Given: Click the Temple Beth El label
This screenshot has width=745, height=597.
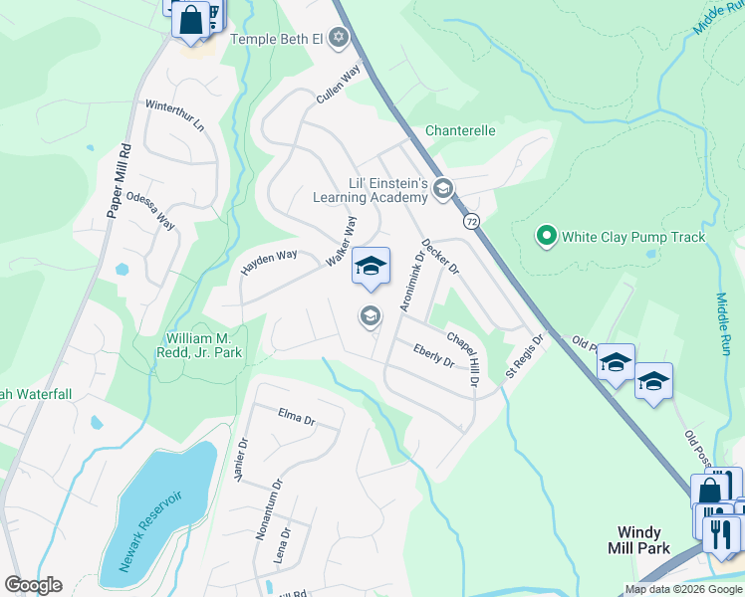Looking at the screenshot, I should tap(277, 39).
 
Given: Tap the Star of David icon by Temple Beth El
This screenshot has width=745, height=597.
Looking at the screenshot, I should tap(339, 38).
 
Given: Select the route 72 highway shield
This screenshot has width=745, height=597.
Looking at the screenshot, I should tap(471, 220).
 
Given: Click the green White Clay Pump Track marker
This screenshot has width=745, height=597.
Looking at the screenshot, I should tap(546, 237).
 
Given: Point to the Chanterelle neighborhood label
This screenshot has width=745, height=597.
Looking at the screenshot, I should tap(460, 130).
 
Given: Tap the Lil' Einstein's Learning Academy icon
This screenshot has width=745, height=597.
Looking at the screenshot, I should tap(443, 189).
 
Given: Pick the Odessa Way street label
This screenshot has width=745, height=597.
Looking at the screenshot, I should tap(150, 210).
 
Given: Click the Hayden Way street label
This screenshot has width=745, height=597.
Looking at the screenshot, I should tap(269, 263).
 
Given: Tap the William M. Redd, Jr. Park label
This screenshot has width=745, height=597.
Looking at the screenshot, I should tap(200, 345).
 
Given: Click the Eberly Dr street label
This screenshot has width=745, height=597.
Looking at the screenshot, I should tap(433, 355).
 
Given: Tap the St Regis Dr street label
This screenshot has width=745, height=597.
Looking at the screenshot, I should tap(525, 355).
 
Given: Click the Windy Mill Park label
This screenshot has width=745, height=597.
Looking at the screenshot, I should tap(638, 540).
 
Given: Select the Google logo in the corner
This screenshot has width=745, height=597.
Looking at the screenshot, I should tap(33, 585).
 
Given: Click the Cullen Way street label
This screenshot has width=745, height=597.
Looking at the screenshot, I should tap(337, 86).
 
